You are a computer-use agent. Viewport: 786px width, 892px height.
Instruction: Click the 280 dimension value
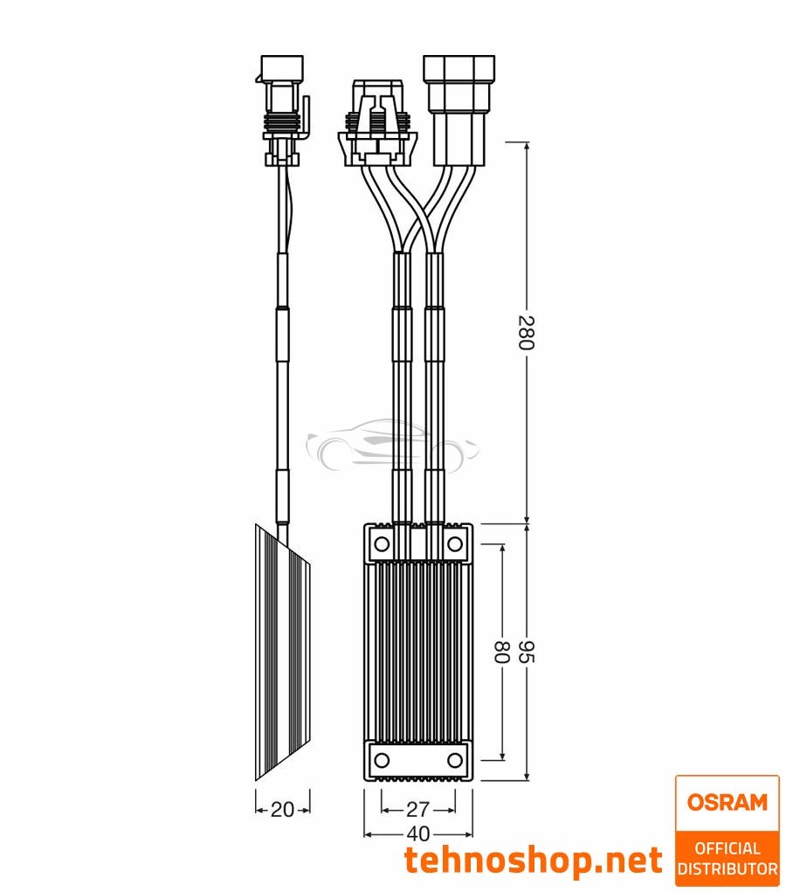click(525, 332)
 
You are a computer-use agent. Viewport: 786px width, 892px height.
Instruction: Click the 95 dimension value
click(525, 652)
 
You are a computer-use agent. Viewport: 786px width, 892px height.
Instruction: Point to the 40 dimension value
click(418, 833)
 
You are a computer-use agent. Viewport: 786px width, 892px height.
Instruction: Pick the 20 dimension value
click(282, 809)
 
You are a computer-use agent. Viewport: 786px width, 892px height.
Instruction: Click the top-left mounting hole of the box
click(382, 545)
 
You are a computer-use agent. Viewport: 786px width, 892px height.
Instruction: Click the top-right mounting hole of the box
click(454, 545)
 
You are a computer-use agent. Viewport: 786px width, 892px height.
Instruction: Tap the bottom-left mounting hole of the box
click(382, 759)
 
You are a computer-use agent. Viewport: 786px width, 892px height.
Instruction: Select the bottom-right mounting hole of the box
click(454, 759)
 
